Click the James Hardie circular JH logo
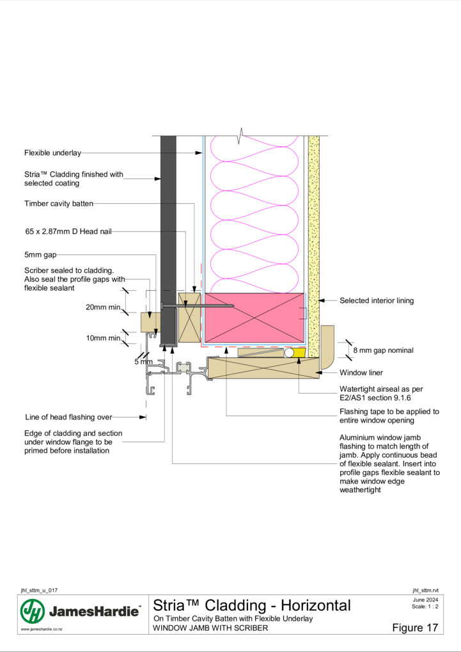(x=33, y=611)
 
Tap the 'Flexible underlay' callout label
(x=52, y=153)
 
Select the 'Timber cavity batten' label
(x=59, y=204)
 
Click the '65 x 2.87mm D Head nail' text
(x=68, y=231)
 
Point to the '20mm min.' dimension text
(x=104, y=307)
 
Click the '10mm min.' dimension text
(x=104, y=338)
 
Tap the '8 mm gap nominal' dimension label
(x=383, y=350)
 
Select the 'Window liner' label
(x=361, y=373)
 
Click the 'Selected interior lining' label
(x=377, y=300)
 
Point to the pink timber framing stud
(x=254, y=318)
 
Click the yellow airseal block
(x=300, y=353)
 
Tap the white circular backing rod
(x=289, y=353)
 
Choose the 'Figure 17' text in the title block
(x=415, y=628)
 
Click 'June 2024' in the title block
(x=425, y=600)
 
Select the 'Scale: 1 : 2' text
(x=425, y=606)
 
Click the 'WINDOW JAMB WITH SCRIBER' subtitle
(x=210, y=628)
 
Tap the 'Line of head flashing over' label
(x=68, y=417)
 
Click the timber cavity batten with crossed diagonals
(x=189, y=317)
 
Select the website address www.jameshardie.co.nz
(x=42, y=630)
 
